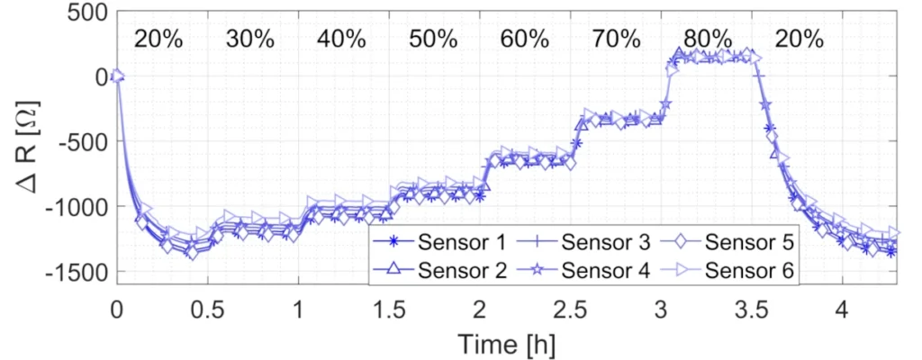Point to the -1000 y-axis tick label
click(76, 207)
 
